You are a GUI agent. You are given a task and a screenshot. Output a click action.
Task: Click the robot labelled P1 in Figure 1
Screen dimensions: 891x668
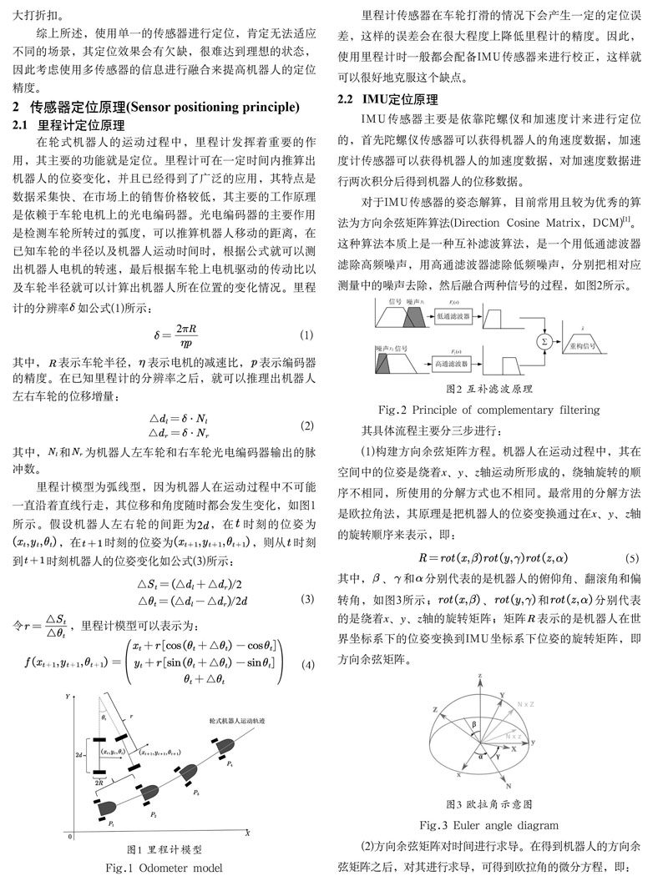tap(109, 807)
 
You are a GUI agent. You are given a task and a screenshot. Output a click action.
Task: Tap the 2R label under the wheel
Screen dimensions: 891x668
tap(99, 783)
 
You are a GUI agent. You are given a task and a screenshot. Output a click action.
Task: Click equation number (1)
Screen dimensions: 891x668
tap(306, 335)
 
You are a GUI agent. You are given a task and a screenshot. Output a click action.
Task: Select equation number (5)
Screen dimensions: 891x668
tap(634, 557)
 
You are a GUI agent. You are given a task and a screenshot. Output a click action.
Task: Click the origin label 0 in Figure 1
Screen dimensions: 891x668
tap(71, 834)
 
